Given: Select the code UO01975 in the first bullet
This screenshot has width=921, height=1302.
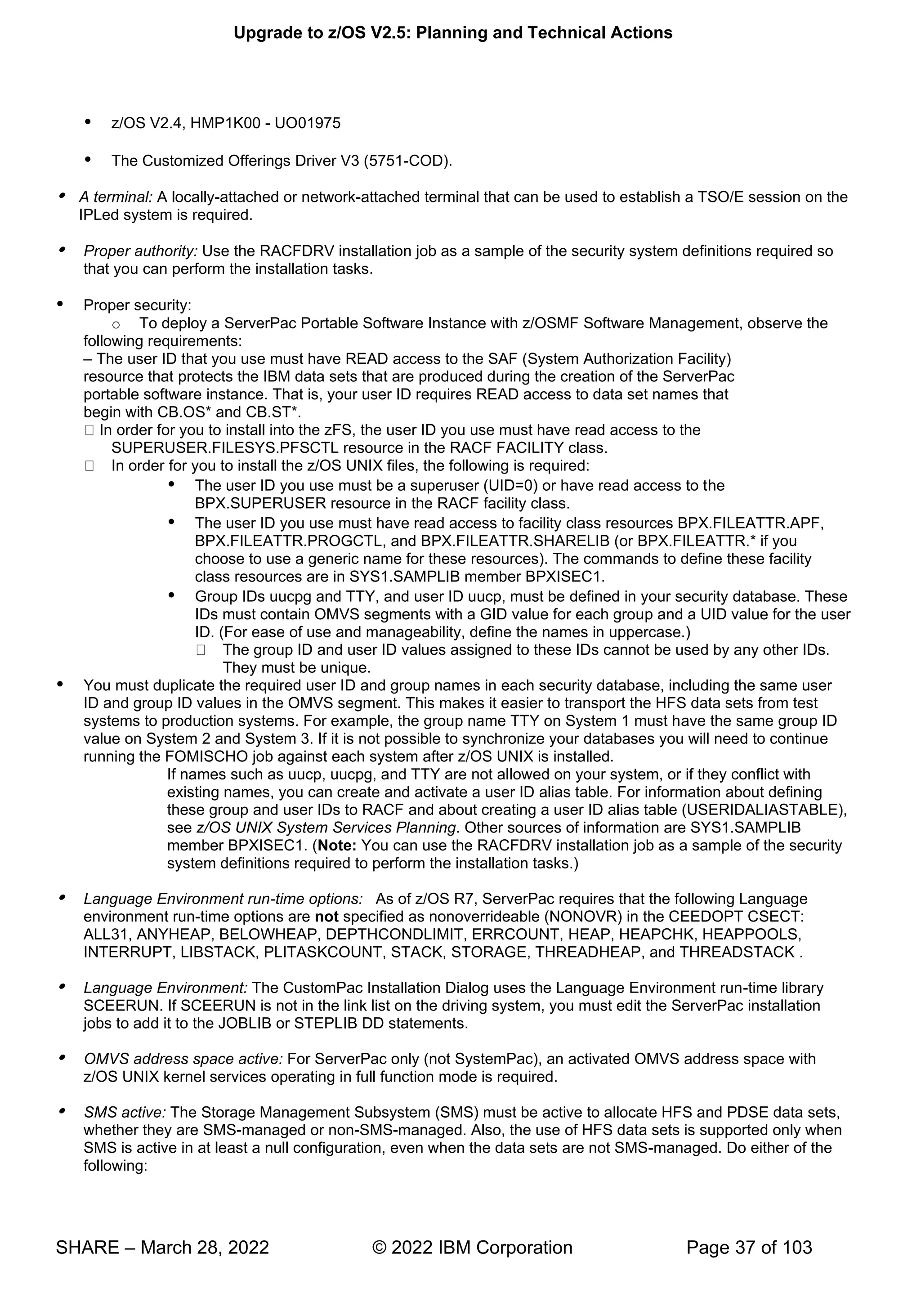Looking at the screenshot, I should click(308, 123).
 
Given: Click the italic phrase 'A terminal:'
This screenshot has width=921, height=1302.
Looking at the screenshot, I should click(116, 197).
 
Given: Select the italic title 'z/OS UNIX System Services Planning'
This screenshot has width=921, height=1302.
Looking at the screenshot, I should click(326, 828).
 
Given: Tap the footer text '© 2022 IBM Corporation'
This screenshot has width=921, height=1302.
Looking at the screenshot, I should click(472, 1248).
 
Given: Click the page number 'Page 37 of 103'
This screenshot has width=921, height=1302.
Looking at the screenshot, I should click(749, 1248).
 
